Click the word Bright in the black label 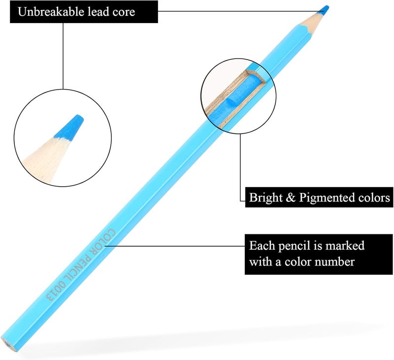266,198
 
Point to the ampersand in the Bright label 291,197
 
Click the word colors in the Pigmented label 374,197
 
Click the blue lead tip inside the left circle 69,127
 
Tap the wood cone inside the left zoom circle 46,159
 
